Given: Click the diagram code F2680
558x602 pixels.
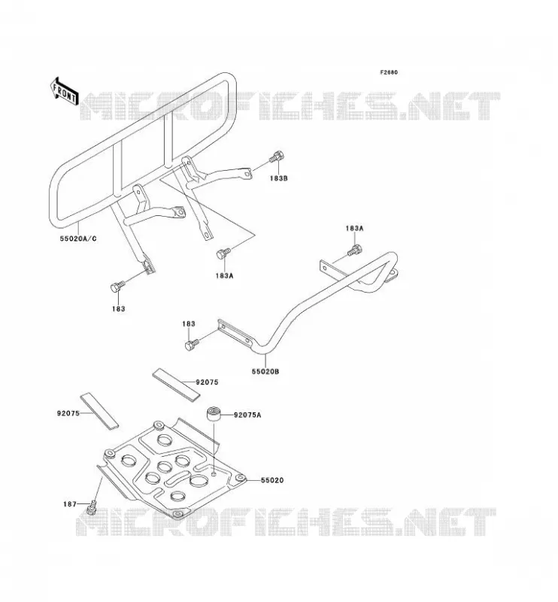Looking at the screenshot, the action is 389,72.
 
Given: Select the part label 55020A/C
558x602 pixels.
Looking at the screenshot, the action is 78,239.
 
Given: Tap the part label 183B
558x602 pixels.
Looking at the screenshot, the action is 278,178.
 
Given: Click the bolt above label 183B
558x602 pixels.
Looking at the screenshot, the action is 277,157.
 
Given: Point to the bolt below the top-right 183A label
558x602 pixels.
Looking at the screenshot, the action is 355,250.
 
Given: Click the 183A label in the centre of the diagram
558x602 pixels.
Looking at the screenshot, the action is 225,275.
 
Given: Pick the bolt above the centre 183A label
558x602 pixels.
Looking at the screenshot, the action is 223,254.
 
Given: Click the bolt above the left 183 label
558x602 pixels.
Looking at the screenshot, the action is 117,287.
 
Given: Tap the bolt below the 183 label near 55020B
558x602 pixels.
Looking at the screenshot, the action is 192,345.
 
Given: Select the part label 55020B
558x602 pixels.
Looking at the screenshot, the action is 265,372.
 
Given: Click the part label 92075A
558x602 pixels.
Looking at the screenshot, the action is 247,415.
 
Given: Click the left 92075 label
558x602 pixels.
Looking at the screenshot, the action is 68,413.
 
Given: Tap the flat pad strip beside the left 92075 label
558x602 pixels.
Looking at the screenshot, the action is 99,410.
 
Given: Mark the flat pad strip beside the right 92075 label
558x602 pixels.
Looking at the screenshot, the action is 177,385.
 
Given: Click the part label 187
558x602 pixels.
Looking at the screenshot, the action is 70,504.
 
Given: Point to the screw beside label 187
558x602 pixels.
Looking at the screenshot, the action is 92,507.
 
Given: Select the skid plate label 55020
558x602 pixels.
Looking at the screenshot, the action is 272,480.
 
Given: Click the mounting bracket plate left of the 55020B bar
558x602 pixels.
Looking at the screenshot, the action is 235,333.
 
